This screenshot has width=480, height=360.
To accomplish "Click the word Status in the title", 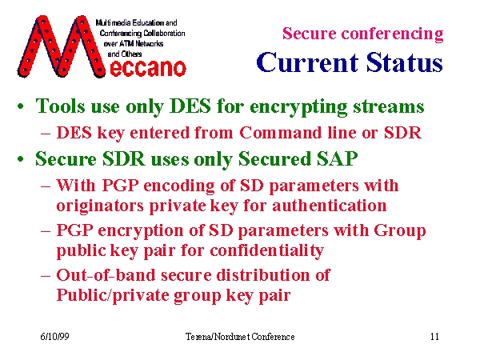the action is [404, 62].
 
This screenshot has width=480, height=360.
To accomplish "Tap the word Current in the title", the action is [307, 62].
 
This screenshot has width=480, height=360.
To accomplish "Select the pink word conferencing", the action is [392, 34].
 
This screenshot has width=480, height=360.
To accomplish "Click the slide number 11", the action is [434, 337].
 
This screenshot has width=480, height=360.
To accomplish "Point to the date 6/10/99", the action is [54, 337].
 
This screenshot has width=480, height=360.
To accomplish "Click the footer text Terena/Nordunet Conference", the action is [240, 337].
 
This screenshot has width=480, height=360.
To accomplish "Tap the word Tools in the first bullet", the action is [60, 106].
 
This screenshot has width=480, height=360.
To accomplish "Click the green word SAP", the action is [337, 159].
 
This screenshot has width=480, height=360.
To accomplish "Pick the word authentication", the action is [329, 206].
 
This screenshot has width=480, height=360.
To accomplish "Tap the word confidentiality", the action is [266, 250].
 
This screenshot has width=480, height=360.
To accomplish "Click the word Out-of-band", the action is [106, 274].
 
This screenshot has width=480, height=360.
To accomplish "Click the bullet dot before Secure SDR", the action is [21, 159].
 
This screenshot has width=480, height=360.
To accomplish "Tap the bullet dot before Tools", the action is [21, 107].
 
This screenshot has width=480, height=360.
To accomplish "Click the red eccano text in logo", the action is [147, 68].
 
